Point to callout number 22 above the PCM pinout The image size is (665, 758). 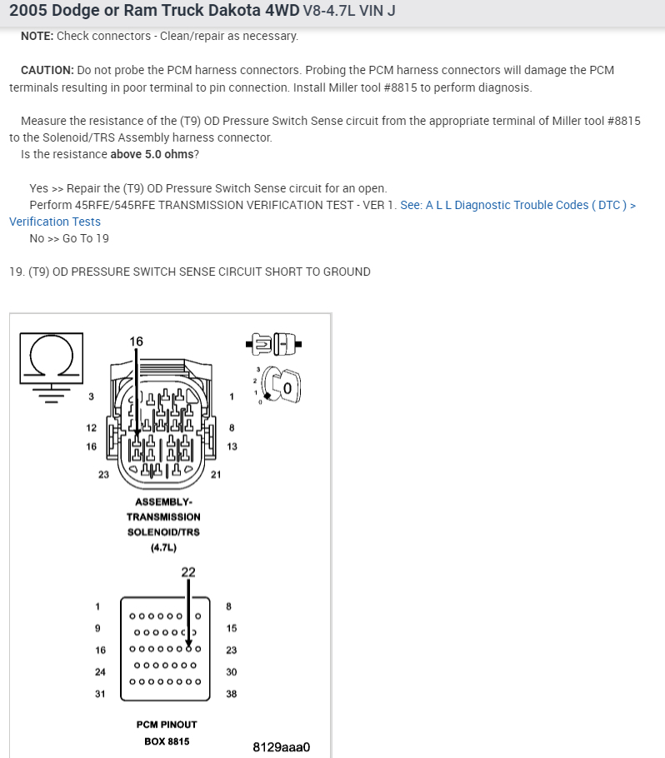pyautogui.click(x=188, y=571)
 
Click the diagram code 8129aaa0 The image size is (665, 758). pyautogui.click(x=281, y=746)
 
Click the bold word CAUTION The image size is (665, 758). pyautogui.click(x=47, y=70)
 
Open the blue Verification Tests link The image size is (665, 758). pyautogui.click(x=55, y=222)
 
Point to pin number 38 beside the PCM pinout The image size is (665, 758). pyautogui.click(x=232, y=693)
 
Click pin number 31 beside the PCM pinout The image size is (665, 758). pyautogui.click(x=100, y=693)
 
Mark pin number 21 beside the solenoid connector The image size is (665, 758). pyautogui.click(x=215, y=475)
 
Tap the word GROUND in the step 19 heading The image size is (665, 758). pyautogui.click(x=350, y=272)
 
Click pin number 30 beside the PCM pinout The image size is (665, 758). pyautogui.click(x=232, y=671)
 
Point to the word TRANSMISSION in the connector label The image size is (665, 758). pyautogui.click(x=163, y=516)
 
